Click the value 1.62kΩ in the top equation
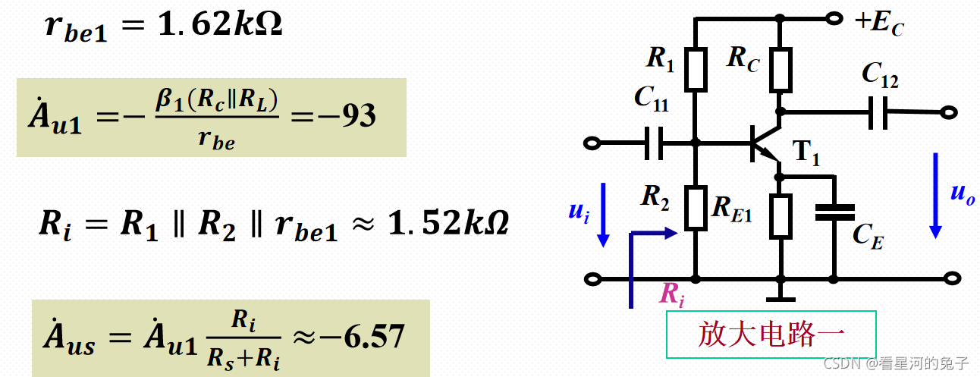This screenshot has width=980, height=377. point(221,25)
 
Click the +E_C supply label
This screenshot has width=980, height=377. point(879,22)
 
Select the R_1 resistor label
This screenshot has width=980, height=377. point(660,59)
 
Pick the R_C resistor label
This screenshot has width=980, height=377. point(743,58)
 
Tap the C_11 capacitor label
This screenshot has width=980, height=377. point(651,99)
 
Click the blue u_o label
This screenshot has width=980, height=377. point(962,193)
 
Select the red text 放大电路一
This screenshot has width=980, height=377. point(771,334)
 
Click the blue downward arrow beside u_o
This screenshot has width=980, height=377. point(936,193)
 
